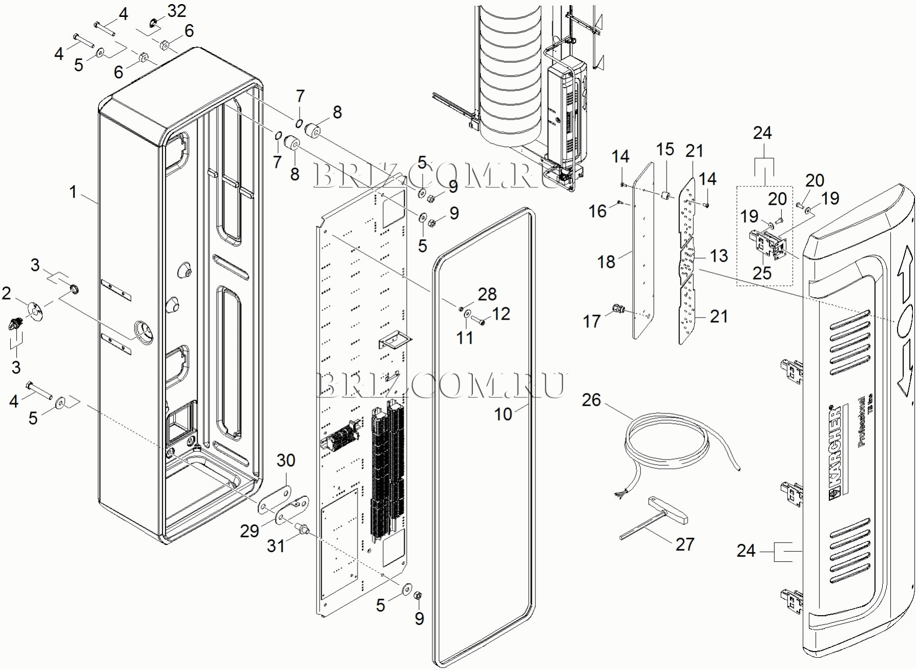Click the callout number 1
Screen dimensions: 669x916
coord(73,192)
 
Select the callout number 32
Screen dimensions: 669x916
coord(177,11)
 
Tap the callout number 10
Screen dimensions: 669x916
coord(503,414)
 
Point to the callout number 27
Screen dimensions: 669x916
coord(684,544)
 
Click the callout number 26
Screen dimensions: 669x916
coord(591,400)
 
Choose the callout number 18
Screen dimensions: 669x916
coord(606,262)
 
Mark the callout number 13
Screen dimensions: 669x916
coord(719,256)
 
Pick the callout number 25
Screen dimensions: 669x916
coord(762,273)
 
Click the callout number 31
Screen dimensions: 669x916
coord(276,546)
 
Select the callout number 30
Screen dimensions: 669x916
coord(286,461)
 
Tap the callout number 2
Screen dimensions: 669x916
coord(6,294)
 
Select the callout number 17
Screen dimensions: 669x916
coord(592,321)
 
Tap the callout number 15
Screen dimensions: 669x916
coord(665,150)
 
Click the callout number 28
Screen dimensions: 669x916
coord(487,294)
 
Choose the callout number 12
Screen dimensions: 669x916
coord(501,313)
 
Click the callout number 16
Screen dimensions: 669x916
coord(597,211)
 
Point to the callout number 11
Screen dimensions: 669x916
coord(465,338)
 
